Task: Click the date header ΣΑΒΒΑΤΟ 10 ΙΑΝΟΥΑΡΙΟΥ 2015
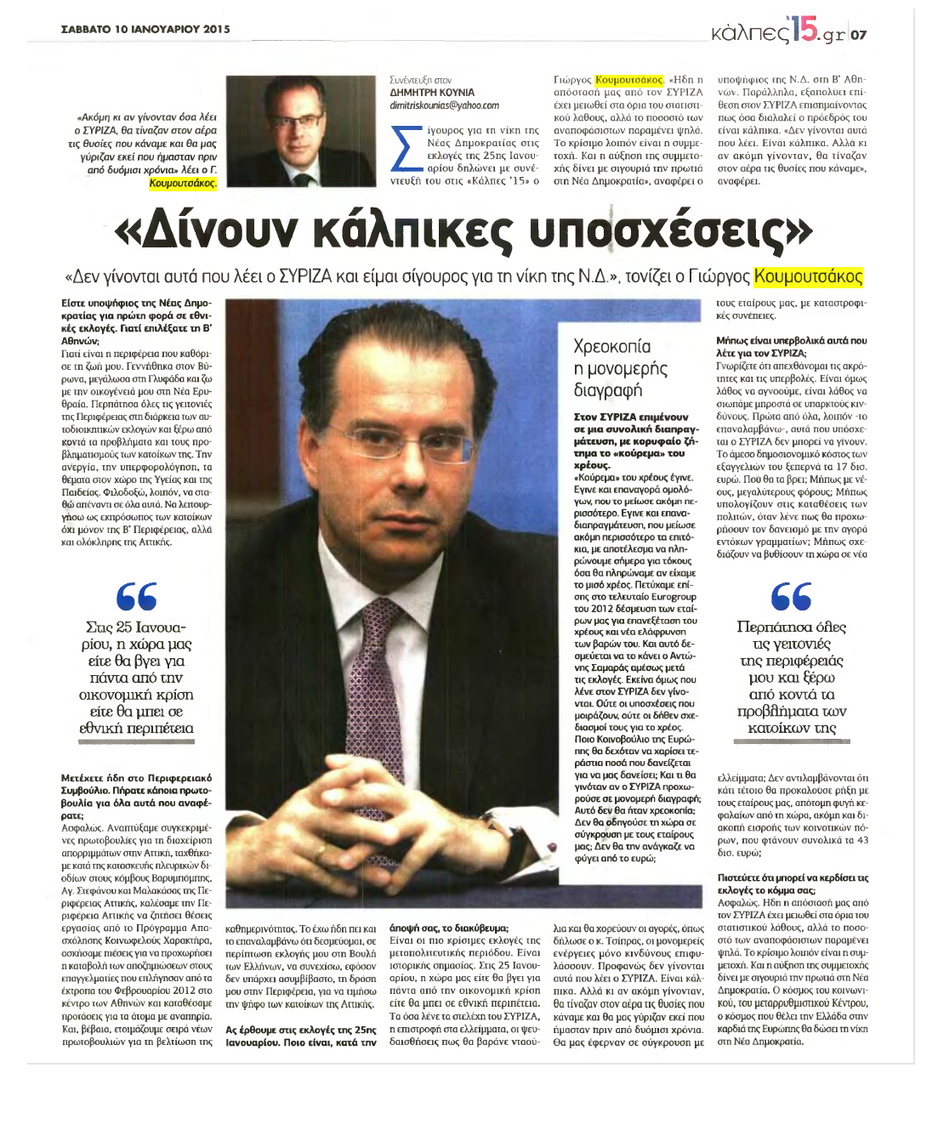[145, 29]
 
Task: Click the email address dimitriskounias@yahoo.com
[444, 105]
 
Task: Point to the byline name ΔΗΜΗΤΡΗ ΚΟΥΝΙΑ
[432, 93]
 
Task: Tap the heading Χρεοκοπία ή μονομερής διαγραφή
[621, 368]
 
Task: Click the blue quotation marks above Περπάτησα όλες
[791, 596]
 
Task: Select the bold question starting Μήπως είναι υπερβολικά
[792, 346]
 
